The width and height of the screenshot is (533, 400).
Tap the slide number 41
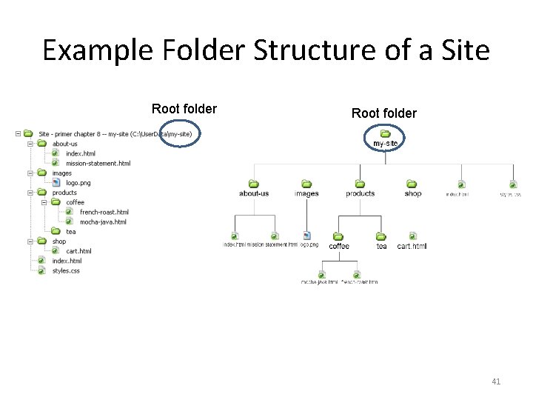click(x=496, y=381)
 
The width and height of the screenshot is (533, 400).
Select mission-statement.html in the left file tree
click(x=98, y=163)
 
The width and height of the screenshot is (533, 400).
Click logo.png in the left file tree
click(x=78, y=182)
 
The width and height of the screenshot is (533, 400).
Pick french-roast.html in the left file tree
click(x=104, y=212)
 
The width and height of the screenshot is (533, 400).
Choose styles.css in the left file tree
click(x=66, y=270)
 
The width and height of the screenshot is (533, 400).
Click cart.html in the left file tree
click(x=78, y=251)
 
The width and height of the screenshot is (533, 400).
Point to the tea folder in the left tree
click(x=71, y=232)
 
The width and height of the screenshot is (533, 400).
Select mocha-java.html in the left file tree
click(x=103, y=221)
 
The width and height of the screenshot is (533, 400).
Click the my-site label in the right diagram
click(x=385, y=143)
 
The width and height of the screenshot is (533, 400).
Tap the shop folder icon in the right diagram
click(x=412, y=184)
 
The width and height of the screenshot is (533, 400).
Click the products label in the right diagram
click(x=360, y=193)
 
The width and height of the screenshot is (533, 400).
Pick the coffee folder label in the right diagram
click(x=339, y=246)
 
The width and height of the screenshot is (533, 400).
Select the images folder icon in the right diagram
click(x=306, y=184)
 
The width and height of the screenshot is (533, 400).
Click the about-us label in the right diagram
click(x=254, y=193)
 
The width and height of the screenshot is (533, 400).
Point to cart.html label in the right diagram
click(x=412, y=246)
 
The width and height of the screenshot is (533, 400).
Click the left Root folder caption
click(x=184, y=109)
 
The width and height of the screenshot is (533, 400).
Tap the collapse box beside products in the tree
click(x=31, y=193)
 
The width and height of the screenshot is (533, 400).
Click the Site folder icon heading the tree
click(x=28, y=134)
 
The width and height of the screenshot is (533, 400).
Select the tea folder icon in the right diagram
click(x=381, y=236)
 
